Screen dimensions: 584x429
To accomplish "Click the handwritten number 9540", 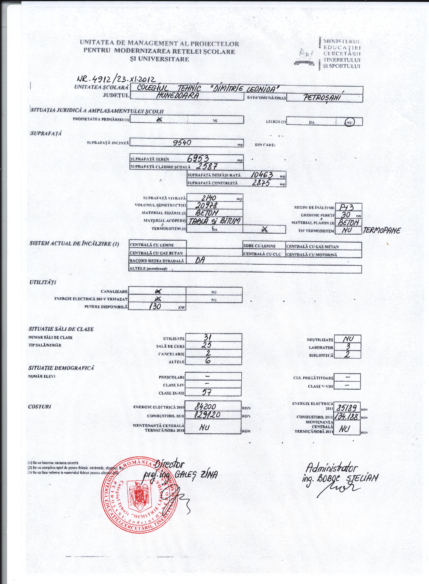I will [184, 142].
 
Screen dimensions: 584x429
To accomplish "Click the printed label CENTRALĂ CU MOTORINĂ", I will [311, 255].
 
